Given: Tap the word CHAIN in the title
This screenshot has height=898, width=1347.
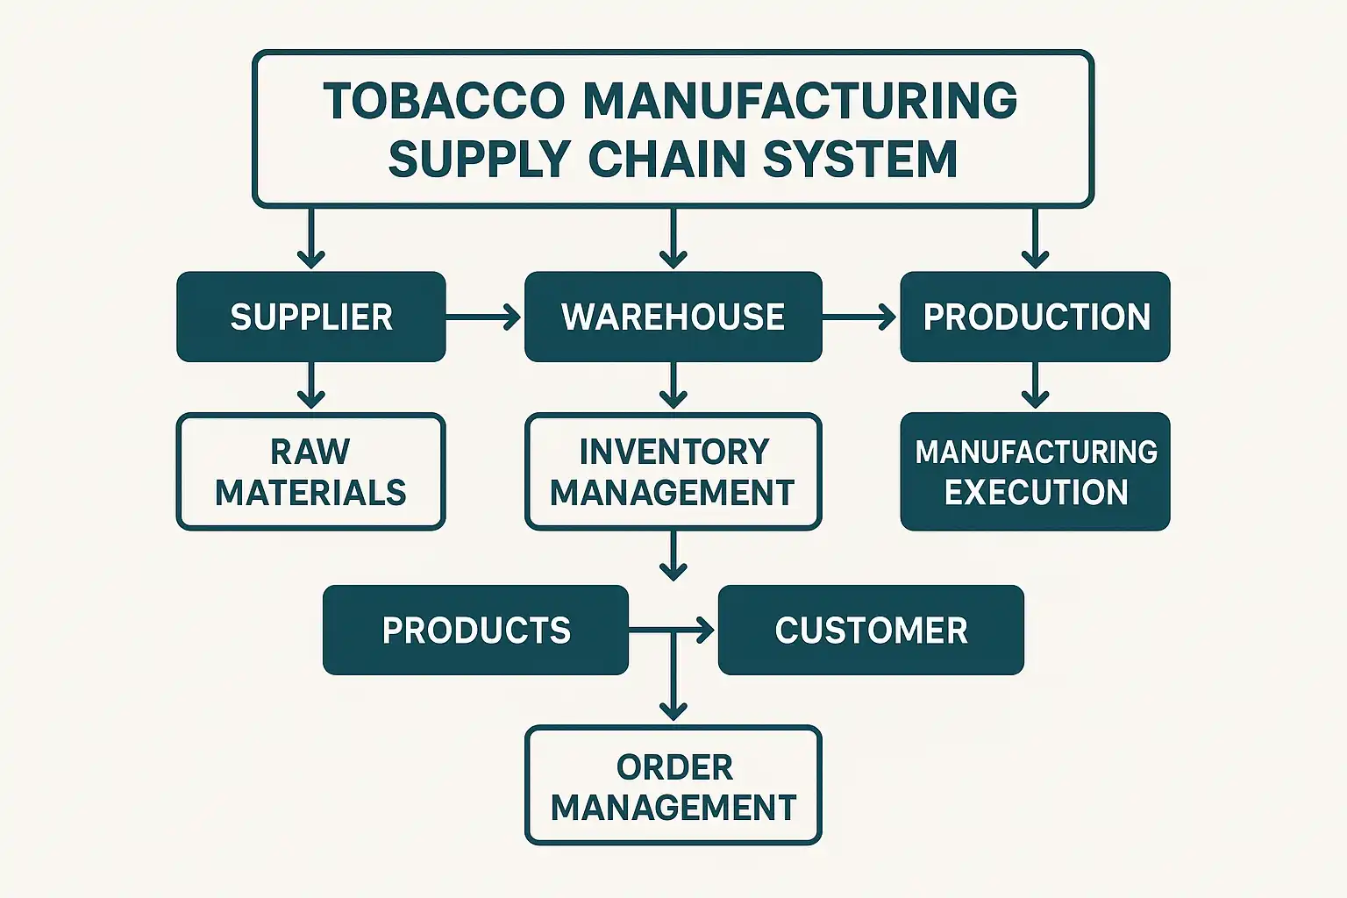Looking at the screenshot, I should click(x=666, y=160).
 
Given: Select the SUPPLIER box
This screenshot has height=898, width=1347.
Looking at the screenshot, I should click(x=311, y=317).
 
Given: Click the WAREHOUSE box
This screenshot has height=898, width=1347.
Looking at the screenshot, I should click(x=673, y=317).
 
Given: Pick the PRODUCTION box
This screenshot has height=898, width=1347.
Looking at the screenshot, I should click(x=1035, y=317).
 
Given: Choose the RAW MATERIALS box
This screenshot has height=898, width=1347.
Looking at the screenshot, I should click(x=311, y=472).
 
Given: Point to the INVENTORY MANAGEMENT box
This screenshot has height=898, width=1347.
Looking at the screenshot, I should click(x=673, y=472).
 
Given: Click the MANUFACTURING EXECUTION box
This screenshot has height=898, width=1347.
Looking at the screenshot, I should click(x=1035, y=472).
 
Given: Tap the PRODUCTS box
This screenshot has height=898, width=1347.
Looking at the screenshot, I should click(x=475, y=630).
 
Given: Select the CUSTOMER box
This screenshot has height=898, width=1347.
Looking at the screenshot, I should click(x=871, y=630).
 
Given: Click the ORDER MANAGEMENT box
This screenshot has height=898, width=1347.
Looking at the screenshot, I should click(x=673, y=786).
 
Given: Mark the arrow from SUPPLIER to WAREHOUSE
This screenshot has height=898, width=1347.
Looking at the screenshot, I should click(x=484, y=317).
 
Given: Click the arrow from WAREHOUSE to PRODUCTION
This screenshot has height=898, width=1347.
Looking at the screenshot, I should click(x=860, y=317).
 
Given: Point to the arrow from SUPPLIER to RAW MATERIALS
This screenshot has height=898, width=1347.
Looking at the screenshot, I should click(x=311, y=386).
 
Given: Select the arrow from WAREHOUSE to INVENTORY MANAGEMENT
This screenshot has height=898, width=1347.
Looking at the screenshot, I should click(x=673, y=386).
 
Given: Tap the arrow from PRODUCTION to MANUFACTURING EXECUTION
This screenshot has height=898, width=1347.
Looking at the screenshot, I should click(x=1035, y=386).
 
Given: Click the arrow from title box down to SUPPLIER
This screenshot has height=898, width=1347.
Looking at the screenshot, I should click(x=311, y=238).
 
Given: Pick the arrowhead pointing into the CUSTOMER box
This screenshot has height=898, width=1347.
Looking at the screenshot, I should click(x=705, y=630).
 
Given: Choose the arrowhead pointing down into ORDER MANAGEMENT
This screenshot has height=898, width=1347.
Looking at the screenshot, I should click(x=673, y=709).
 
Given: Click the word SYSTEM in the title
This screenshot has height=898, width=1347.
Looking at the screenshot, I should click(x=859, y=160).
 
